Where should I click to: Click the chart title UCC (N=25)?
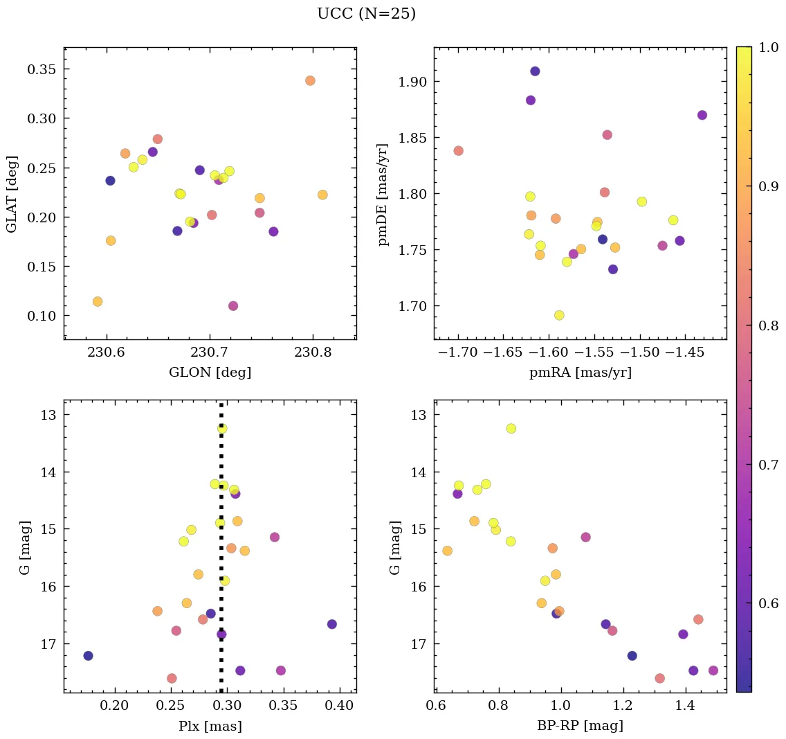(x=366, y=14)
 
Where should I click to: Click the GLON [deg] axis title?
(x=210, y=373)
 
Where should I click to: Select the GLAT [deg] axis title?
(x=12, y=194)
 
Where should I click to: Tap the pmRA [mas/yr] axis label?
(x=580, y=373)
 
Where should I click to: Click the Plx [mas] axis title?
(x=210, y=726)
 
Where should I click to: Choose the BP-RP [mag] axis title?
(x=580, y=726)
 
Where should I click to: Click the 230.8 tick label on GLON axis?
(x=313, y=353)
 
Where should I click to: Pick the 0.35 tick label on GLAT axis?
(x=42, y=69)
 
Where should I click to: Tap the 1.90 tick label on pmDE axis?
(x=412, y=82)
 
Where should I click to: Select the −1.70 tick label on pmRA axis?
(x=458, y=353)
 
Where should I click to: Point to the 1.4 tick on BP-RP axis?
(x=686, y=706)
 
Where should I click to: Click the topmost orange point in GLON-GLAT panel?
(x=310, y=80)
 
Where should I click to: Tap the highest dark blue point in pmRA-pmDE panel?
(x=535, y=71)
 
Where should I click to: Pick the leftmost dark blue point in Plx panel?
(x=88, y=656)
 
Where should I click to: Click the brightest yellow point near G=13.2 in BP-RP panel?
(x=511, y=429)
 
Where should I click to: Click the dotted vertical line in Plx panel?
(x=221, y=554)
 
